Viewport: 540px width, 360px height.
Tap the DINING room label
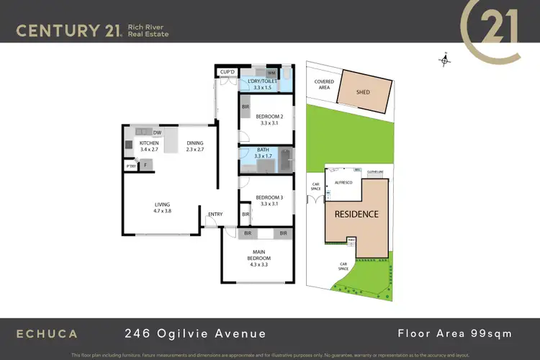pos(196,143)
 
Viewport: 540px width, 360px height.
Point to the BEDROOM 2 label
pos(268,117)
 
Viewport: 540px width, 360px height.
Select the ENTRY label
pos(215,215)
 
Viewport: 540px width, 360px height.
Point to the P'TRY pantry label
pos(131,166)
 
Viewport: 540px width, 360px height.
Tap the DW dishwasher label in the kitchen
pos(157,132)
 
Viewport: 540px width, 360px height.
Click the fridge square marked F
pos(145,165)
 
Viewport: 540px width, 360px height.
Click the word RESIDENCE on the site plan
pos(356,214)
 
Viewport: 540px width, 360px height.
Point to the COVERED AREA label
pos(324,84)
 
